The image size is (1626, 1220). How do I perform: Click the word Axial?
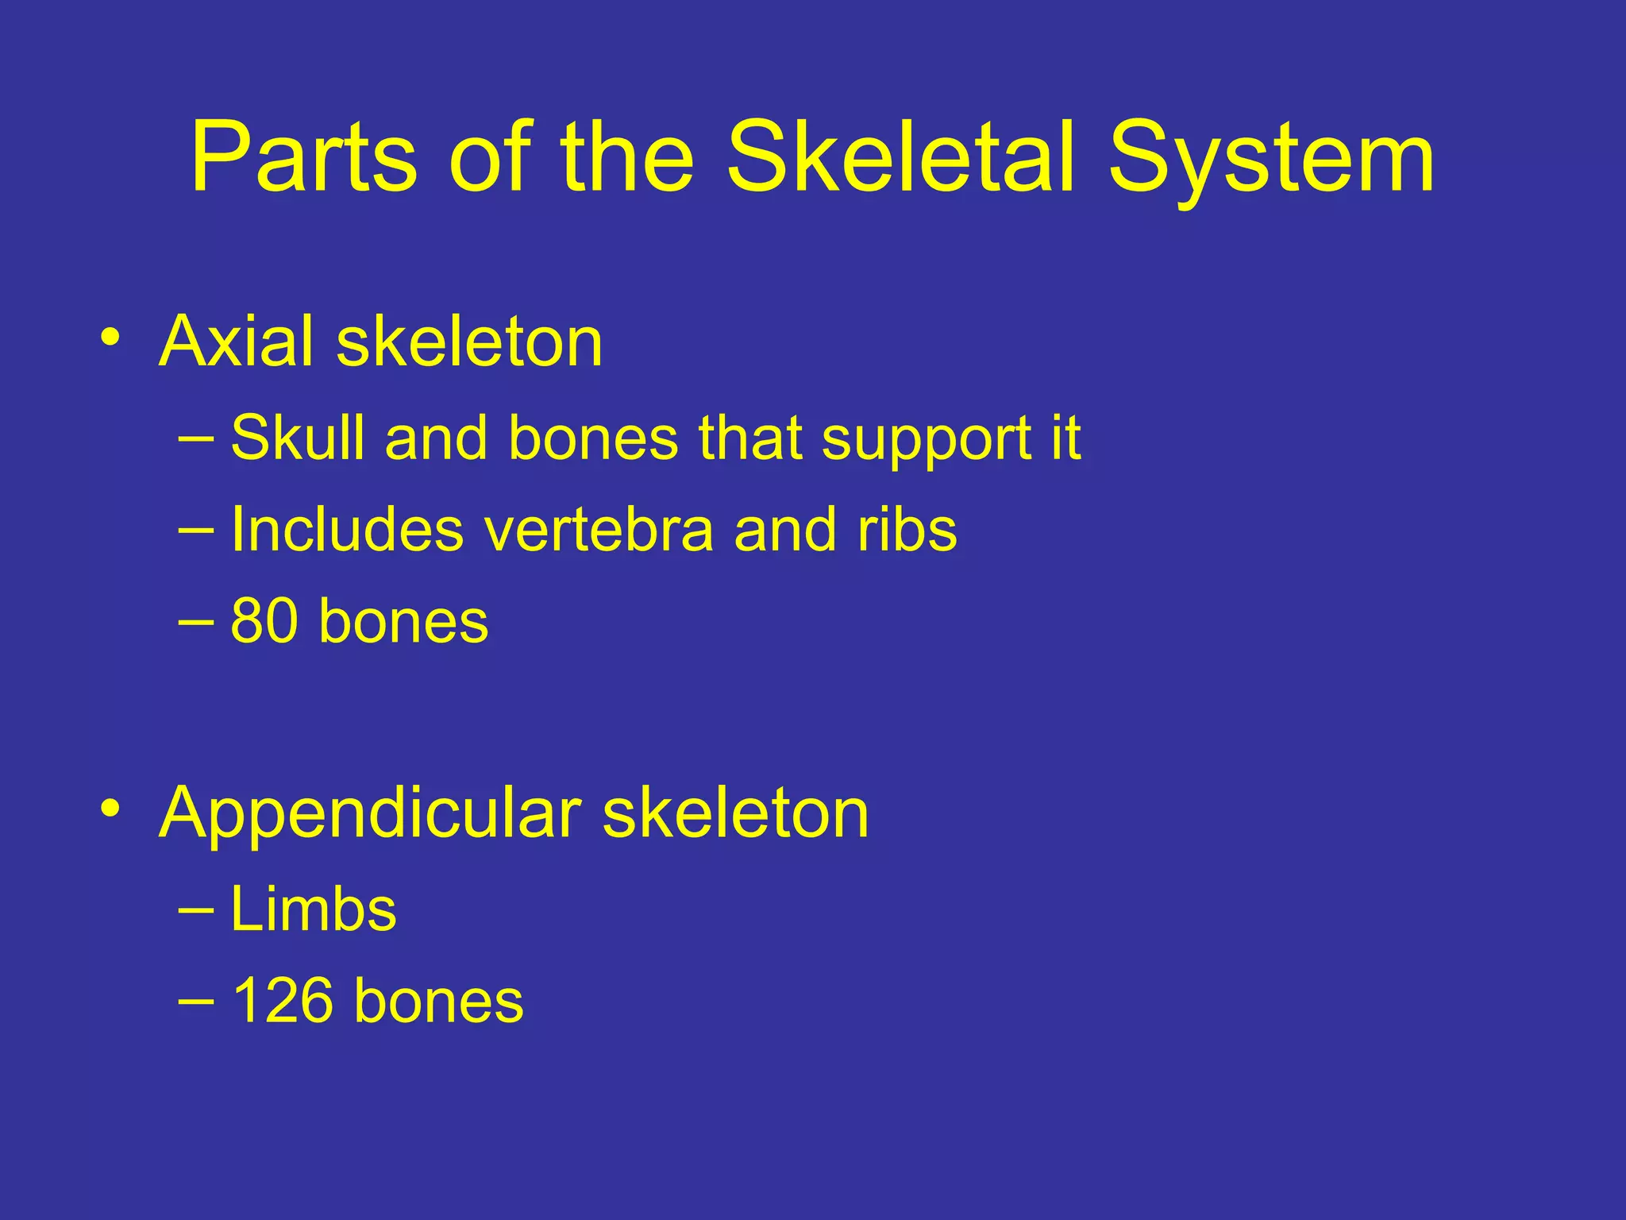click(238, 342)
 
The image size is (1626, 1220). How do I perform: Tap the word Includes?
click(347, 530)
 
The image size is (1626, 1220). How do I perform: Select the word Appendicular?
click(370, 813)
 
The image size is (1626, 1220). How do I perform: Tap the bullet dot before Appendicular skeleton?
click(110, 809)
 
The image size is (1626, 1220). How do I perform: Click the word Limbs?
click(313, 909)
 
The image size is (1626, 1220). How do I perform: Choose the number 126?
click(283, 1001)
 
